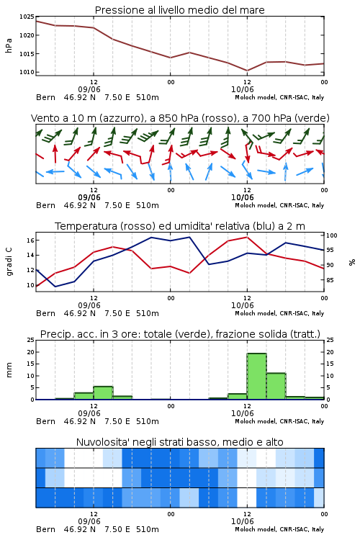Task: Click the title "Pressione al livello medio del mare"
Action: pyautogui.click(x=179, y=10)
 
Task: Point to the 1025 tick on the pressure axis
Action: pyautogui.click(x=27, y=17)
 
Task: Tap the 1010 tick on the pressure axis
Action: pyautogui.click(x=27, y=72)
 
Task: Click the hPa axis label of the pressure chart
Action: pyautogui.click(x=9, y=45)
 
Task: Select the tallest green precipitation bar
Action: pyautogui.click(x=256, y=376)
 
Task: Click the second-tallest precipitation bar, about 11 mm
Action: pyautogui.click(x=276, y=386)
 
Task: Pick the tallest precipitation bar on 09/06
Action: pyautogui.click(x=104, y=393)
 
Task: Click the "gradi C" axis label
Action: pyautogui.click(x=9, y=262)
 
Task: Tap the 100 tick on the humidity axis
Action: pyautogui.click(x=331, y=235)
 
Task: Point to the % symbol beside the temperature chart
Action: pyautogui.click(x=352, y=262)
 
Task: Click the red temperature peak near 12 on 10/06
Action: pyautogui.click(x=247, y=237)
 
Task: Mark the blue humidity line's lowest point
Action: pyautogui.click(x=55, y=287)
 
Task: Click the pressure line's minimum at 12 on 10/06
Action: pyautogui.click(x=247, y=71)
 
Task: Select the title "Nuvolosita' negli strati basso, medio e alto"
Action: pyautogui.click(x=179, y=442)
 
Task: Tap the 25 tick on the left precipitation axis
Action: pyautogui.click(x=31, y=340)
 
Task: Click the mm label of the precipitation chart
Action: pyautogui.click(x=9, y=370)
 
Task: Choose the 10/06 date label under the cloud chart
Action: pyautogui.click(x=242, y=521)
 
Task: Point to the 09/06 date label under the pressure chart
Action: pyautogui.click(x=89, y=89)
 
